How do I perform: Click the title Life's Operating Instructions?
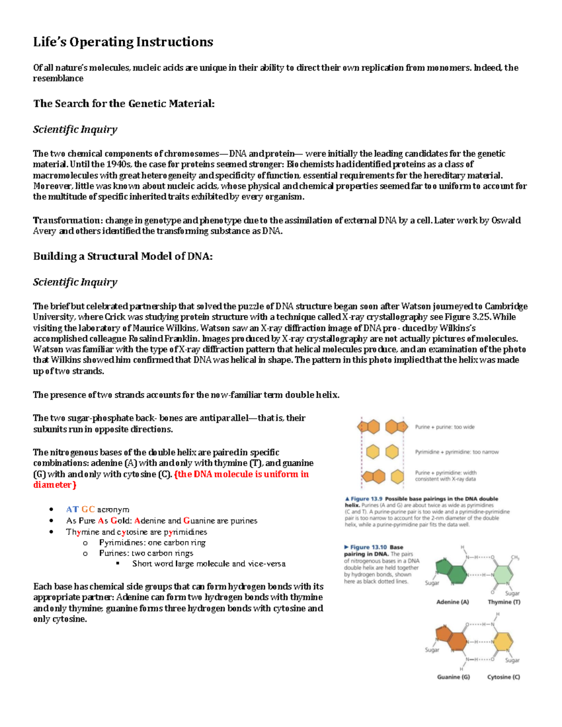point(123,42)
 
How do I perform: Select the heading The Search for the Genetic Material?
point(124,103)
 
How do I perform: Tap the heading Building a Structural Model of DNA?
point(123,256)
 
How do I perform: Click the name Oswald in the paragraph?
point(506,220)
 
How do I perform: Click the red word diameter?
point(52,485)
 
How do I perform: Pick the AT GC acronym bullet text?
point(97,509)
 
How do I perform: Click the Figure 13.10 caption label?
point(369,547)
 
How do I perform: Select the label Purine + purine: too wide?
point(444,427)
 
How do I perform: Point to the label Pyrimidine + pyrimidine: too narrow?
point(457,452)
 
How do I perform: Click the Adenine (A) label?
point(452,602)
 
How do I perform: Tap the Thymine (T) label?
point(504,602)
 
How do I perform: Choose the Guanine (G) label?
point(453,677)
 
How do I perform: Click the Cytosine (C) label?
point(503,677)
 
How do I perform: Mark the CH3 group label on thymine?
point(515,558)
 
